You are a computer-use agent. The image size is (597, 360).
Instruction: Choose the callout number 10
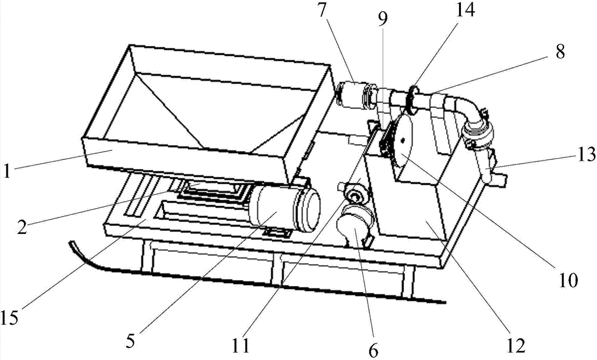pos(569,279)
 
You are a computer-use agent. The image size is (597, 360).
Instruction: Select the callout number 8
pos(559,52)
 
